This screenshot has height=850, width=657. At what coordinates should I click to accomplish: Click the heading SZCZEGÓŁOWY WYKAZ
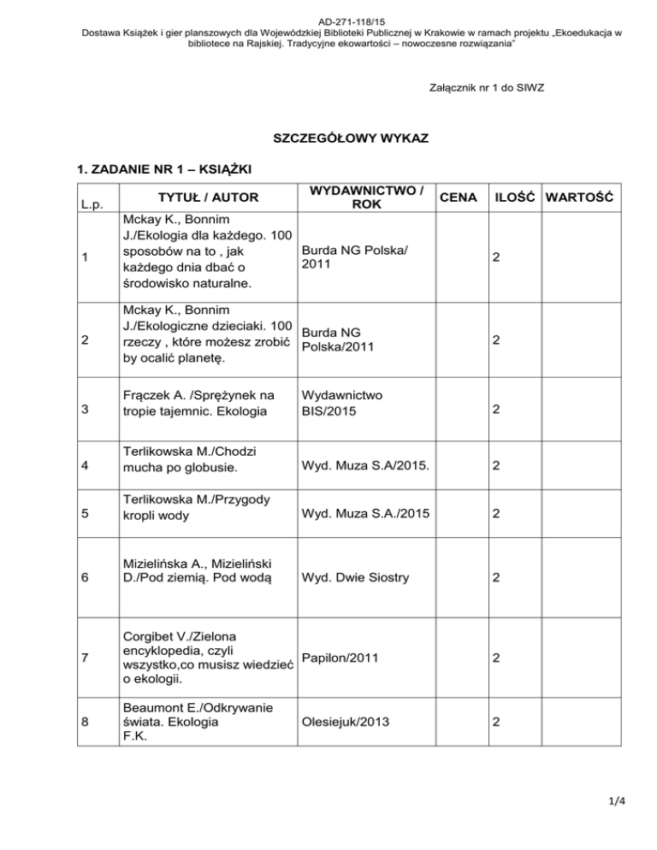(328, 137)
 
